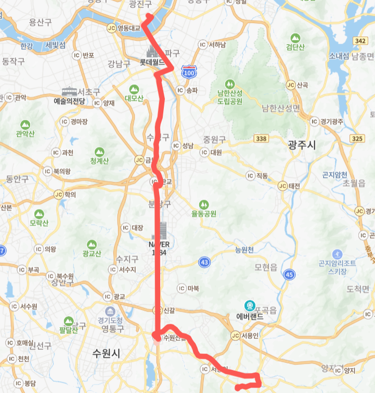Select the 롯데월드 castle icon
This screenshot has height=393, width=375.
click(152, 52)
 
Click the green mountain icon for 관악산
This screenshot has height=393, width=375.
click(25, 125)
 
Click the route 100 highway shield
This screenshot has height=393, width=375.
click(189, 72)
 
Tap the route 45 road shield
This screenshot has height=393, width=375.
click(289, 274)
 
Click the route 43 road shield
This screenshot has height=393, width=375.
click(204, 262)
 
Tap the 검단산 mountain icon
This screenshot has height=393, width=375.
click(295, 38)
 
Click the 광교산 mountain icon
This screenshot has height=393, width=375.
click(92, 244)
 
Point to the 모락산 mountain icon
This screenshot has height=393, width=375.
click(39, 214)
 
